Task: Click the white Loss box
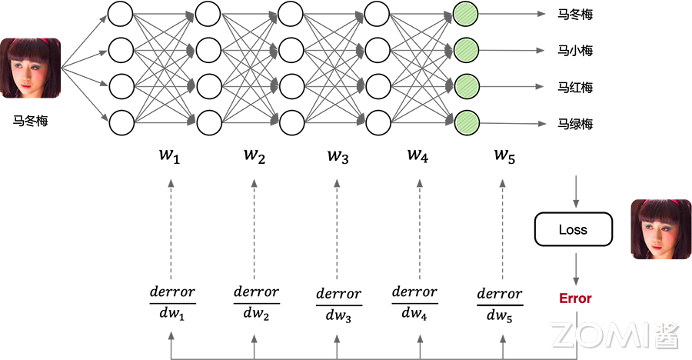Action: pos(573,229)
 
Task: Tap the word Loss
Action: pos(573,229)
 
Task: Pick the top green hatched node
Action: pos(465,15)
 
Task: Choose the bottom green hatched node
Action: pos(465,122)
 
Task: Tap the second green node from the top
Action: pos(465,51)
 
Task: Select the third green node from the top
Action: pos(465,86)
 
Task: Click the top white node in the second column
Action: pos(208,15)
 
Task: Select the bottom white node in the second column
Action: pos(208,122)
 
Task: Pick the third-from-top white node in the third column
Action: pos(291,86)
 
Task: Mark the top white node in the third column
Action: pos(291,15)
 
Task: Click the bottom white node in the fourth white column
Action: pos(379,122)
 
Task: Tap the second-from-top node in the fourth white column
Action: pos(379,51)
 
